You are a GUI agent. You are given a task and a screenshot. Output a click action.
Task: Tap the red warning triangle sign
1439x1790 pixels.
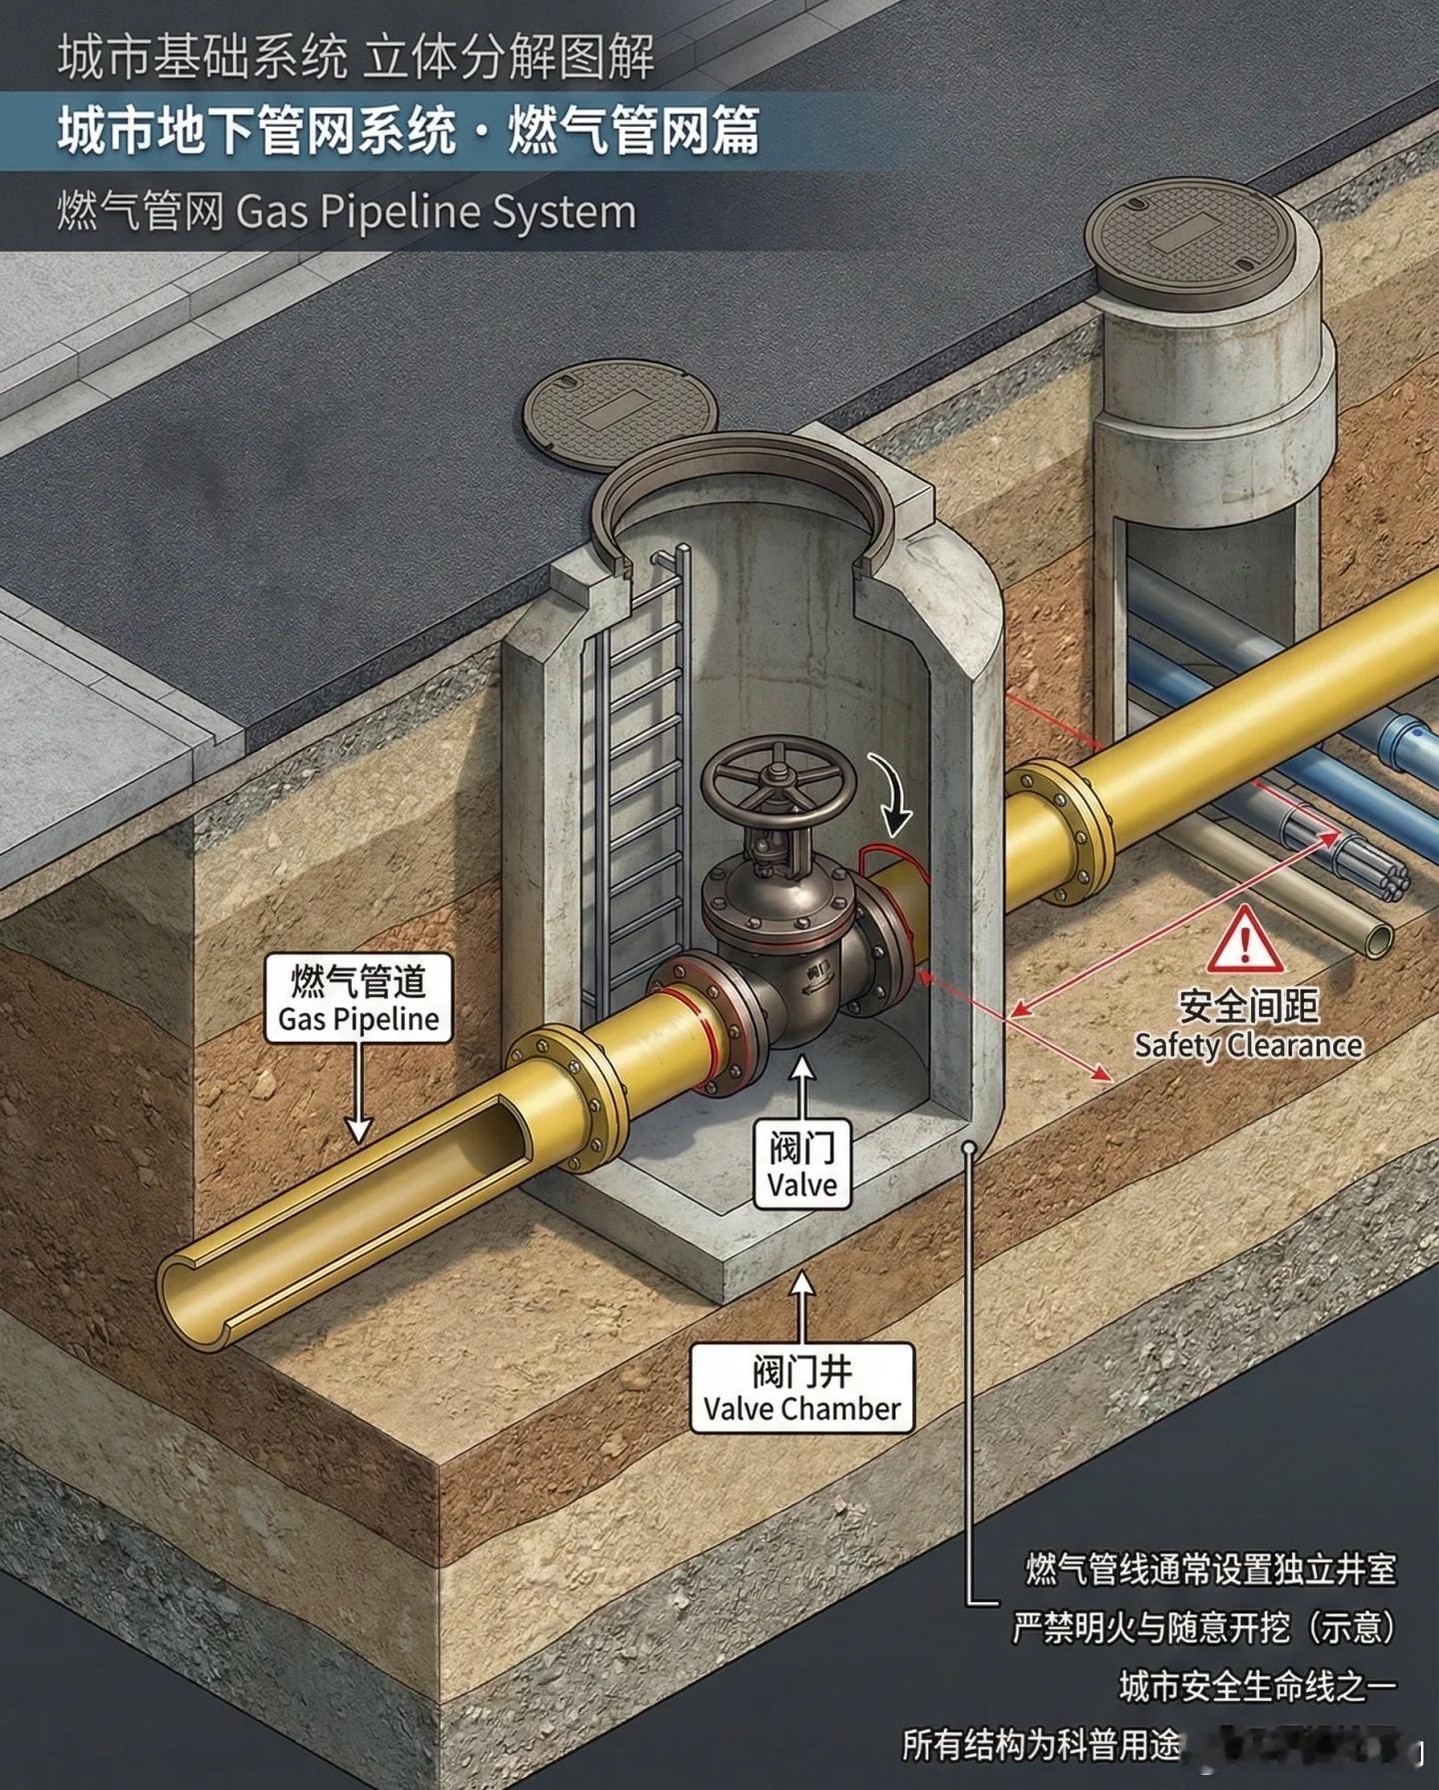point(1244,942)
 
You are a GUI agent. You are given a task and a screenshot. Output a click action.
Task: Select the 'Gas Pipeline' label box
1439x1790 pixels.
point(358,998)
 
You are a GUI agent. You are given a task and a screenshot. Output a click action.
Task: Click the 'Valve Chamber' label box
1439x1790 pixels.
point(801,1388)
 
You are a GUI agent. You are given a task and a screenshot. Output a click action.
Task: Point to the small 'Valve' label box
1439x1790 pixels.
point(801,1165)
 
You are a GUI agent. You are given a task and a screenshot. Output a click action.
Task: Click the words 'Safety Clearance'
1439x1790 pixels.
point(1248,1046)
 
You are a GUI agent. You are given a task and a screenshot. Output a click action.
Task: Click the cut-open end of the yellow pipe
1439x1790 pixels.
point(200,1289)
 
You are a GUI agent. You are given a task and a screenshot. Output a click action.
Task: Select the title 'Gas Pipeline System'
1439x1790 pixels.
point(346,212)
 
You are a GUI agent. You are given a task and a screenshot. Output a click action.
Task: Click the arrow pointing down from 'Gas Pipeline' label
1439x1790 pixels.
point(358,1099)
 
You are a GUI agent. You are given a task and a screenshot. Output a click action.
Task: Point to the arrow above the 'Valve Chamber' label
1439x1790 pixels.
point(801,1304)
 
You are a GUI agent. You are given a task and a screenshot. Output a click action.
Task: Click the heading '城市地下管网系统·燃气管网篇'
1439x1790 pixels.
point(408,131)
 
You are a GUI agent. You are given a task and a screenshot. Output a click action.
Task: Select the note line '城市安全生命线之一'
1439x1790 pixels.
point(1257,1686)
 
